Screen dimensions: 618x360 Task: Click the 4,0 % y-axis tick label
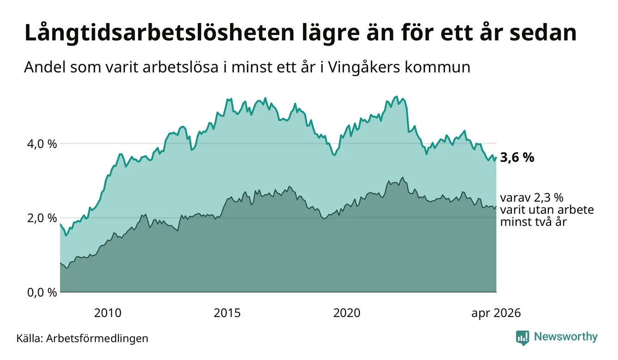(x=42, y=144)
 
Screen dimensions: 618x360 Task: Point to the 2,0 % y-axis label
(x=42, y=218)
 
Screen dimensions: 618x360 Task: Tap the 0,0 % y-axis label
(x=42, y=292)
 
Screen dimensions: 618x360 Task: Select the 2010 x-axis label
(x=107, y=313)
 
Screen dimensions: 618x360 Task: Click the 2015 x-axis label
(x=227, y=313)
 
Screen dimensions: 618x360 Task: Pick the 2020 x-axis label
(x=347, y=313)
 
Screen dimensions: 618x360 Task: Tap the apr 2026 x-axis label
(x=496, y=313)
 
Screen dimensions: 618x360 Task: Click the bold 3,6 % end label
(x=517, y=158)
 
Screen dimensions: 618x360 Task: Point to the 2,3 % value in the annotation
(x=549, y=198)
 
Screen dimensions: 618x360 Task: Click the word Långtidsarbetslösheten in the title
(x=160, y=34)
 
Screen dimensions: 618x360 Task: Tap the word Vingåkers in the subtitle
(x=364, y=67)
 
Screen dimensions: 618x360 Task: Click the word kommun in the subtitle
(x=438, y=68)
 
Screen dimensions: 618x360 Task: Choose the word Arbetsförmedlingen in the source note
(x=97, y=339)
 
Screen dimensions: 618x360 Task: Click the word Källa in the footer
(x=29, y=338)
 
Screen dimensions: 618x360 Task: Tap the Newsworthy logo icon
(x=523, y=338)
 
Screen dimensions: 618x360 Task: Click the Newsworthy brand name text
(x=566, y=337)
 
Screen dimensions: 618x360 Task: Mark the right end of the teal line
(x=496, y=158)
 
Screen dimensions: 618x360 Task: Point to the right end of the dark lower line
(x=496, y=206)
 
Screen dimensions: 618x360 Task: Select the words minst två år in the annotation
(x=534, y=222)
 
